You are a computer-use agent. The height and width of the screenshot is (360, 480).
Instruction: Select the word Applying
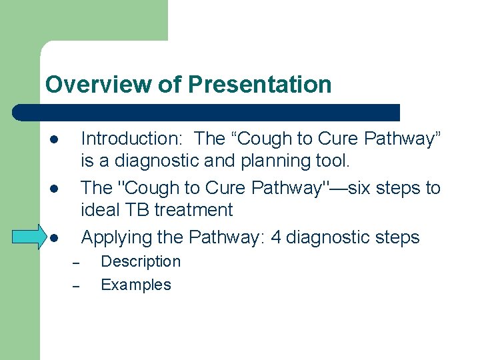pos(117,237)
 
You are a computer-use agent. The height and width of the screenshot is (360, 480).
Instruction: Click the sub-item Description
pos(140,261)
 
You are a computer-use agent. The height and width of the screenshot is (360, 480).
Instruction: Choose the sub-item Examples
pos(135,285)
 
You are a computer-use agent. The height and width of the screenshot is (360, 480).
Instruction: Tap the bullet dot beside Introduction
pos(54,141)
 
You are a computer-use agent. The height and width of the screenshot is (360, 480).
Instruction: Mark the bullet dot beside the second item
pos(54,189)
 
